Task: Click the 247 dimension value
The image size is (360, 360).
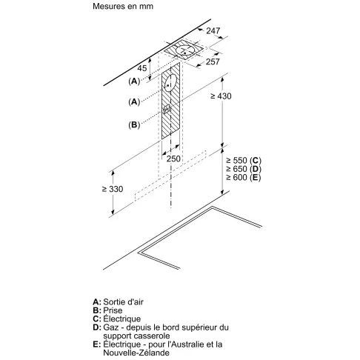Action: pos(213,30)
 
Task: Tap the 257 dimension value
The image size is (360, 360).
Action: pos(213,61)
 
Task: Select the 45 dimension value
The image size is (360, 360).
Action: pos(142,68)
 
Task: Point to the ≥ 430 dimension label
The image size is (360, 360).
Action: pos(221,96)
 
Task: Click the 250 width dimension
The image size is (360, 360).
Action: pos(173,159)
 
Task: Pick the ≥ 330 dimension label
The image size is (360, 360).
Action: pos(113,189)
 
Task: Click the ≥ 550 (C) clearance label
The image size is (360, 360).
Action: pos(244,161)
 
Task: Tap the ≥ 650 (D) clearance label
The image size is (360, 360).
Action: pos(244,169)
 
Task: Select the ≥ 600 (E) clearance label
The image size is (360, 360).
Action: pos(244,177)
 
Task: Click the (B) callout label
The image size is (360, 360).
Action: pos(134,125)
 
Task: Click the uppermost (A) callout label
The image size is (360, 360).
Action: pos(134,81)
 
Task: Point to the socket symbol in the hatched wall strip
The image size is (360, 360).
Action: pos(167,109)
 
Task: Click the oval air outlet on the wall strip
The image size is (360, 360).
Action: pos(170,83)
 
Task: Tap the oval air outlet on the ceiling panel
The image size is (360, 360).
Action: pos(184,50)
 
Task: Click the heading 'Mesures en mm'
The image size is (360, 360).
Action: pos(123,6)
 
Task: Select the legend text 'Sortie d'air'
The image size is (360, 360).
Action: pos(123,301)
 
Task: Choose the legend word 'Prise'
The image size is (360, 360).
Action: pos(113,310)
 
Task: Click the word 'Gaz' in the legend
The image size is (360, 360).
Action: pos(111,327)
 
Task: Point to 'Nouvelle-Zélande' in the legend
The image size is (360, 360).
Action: pos(136,353)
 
